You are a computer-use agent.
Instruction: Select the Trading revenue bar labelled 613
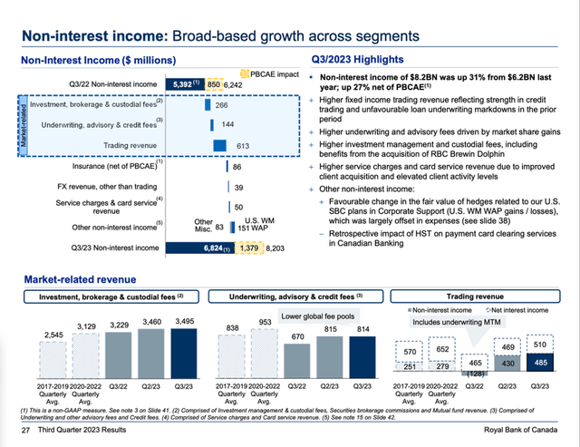point(219,145)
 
